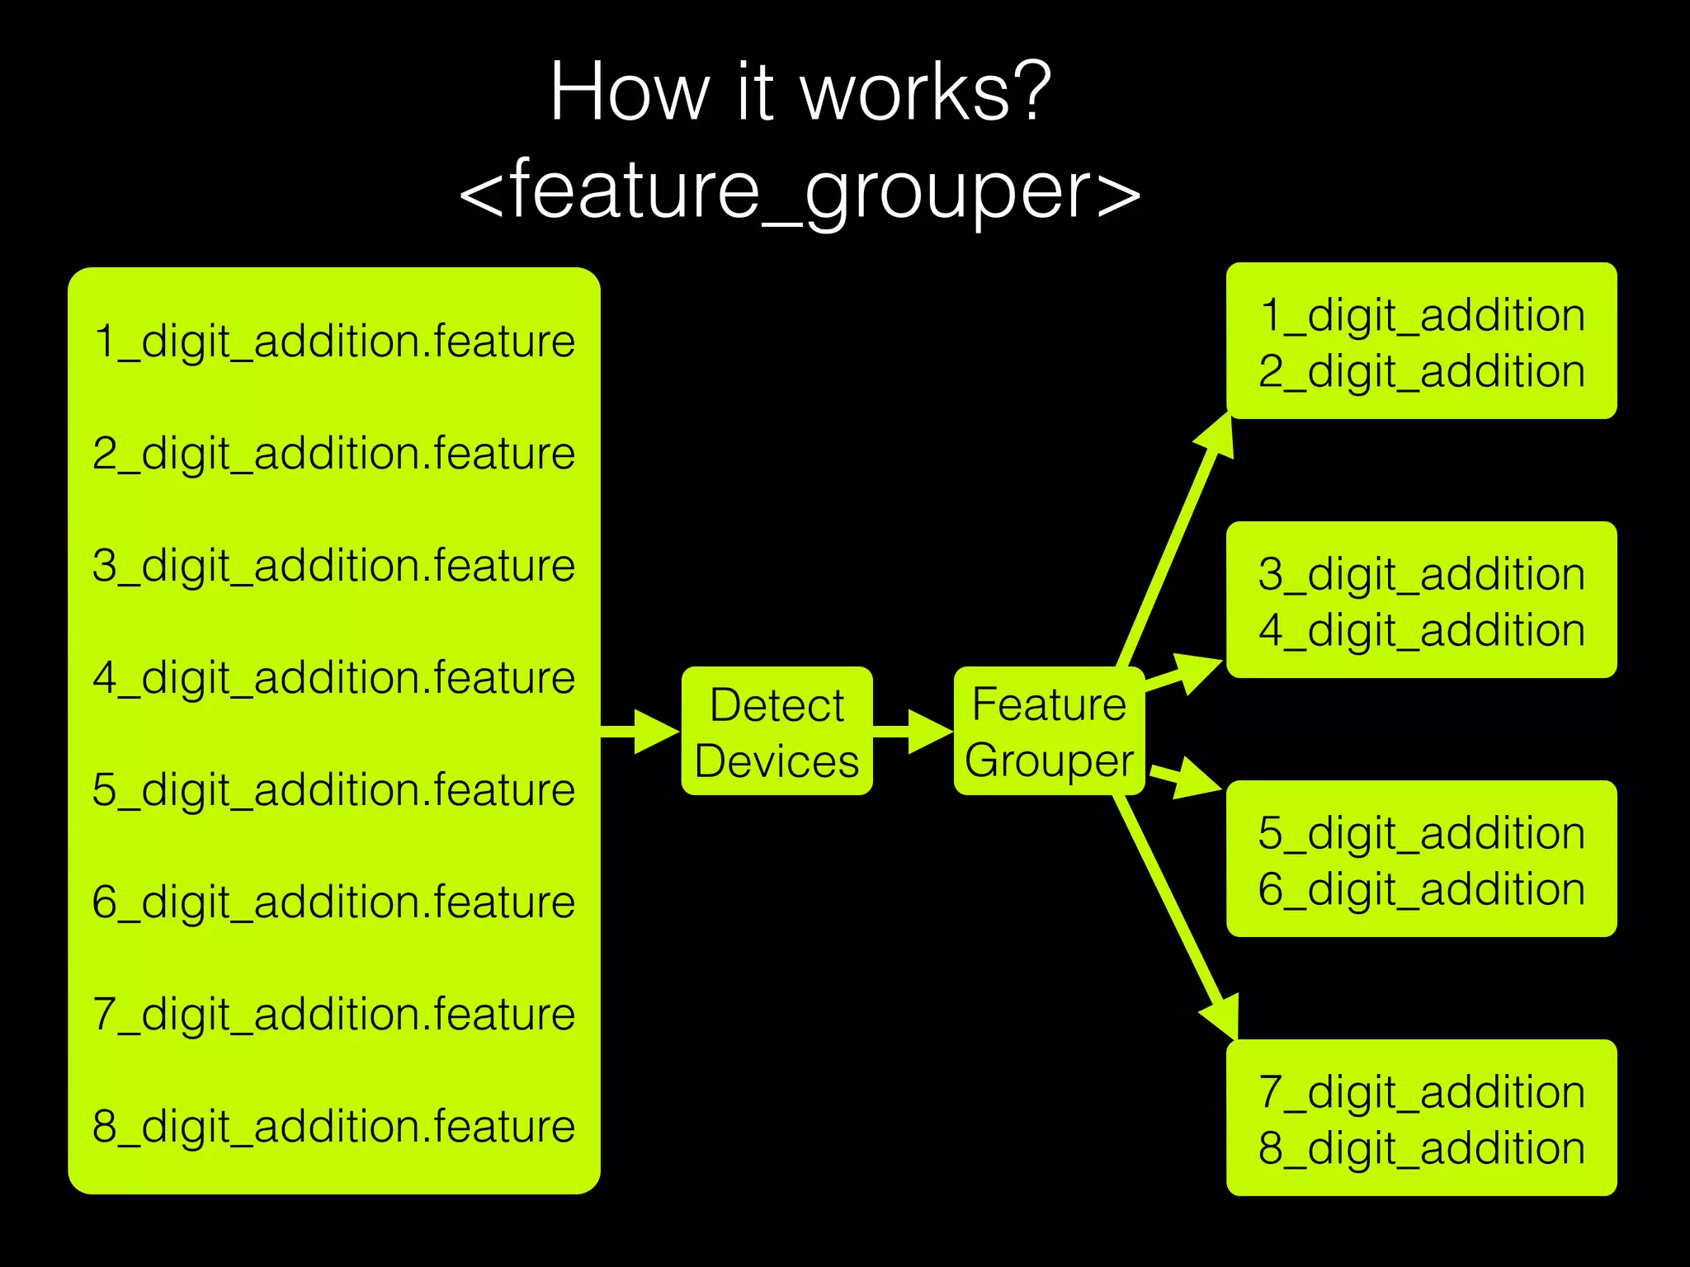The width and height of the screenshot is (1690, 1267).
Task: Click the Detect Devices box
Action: (777, 732)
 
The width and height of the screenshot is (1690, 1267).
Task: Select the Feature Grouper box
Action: (1049, 732)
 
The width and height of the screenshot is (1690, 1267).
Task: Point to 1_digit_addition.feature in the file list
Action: (333, 341)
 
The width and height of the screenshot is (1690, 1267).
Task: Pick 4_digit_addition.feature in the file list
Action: (333, 677)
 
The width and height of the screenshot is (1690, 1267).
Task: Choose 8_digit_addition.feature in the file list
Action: (333, 1126)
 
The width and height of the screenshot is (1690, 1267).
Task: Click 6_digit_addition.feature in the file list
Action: (333, 902)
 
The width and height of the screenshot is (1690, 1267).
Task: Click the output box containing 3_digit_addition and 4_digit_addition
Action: (1421, 600)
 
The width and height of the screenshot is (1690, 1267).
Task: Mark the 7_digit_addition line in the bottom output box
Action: (1421, 1091)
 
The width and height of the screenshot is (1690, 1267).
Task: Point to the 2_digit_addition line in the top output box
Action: (1421, 371)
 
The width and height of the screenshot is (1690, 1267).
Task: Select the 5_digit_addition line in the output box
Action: (1421, 832)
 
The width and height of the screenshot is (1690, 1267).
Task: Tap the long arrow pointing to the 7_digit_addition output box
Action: (1176, 916)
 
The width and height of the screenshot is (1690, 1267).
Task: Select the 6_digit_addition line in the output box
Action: (1421, 889)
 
